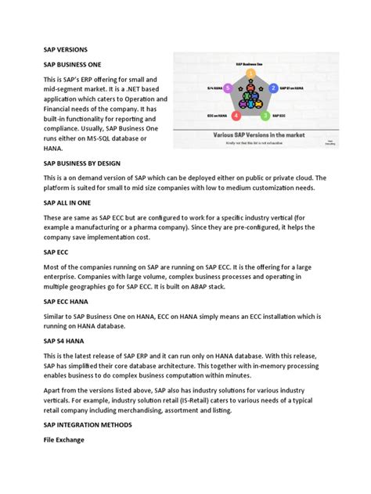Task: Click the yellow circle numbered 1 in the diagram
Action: coord(250,73)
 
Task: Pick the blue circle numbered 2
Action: coord(275,89)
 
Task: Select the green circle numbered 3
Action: coord(266,116)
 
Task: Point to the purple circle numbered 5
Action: coord(227,89)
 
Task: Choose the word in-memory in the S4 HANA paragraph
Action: coord(286,365)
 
